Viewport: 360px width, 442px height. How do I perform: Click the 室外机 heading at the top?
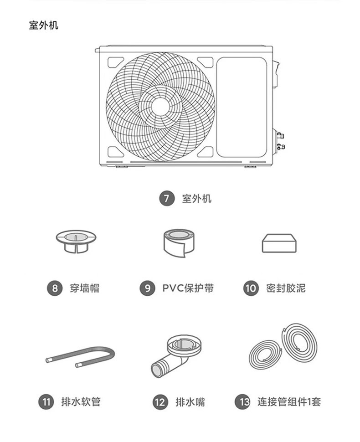[43, 25]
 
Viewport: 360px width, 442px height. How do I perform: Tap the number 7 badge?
[167, 199]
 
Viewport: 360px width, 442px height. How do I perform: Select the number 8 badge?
[55, 288]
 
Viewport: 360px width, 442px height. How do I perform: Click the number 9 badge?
[147, 288]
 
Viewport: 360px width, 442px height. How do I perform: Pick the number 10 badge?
[251, 288]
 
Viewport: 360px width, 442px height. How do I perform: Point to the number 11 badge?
[46, 402]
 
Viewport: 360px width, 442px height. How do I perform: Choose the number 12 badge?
[159, 402]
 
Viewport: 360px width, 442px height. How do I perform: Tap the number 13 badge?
[242, 402]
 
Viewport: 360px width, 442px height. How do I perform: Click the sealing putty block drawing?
[279, 243]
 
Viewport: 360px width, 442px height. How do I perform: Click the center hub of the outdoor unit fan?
[160, 106]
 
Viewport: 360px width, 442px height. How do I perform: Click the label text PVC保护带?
[188, 288]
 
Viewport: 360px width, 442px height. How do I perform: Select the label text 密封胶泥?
[286, 288]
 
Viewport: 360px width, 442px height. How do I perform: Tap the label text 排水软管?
[81, 402]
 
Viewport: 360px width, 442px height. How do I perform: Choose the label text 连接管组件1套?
[289, 402]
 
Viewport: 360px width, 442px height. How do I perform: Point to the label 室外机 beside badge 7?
[196, 199]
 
